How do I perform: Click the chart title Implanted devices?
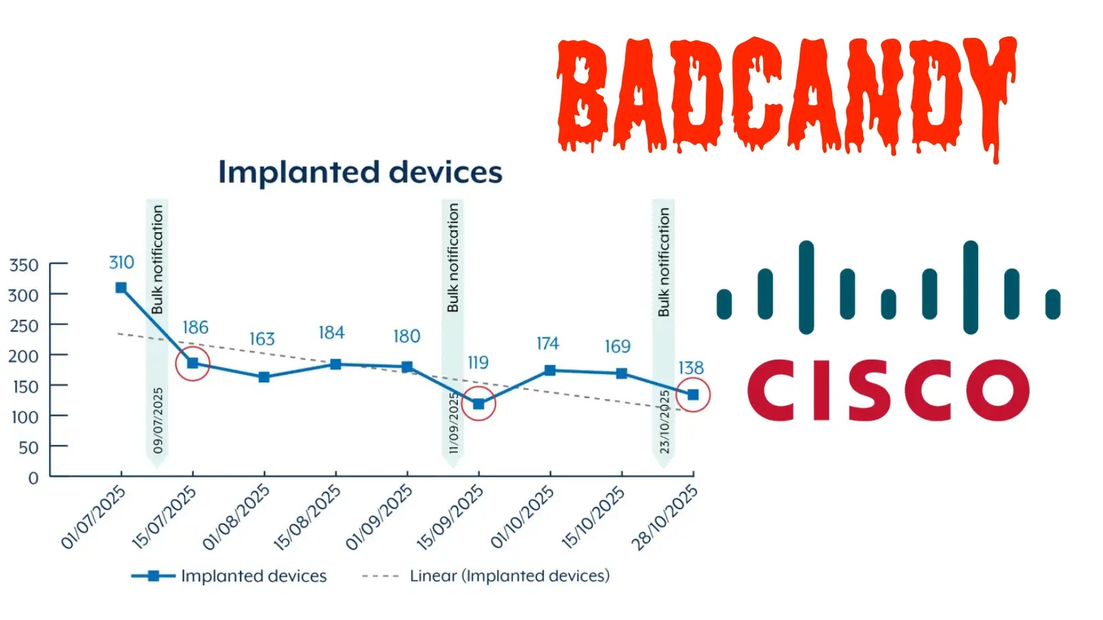(360, 172)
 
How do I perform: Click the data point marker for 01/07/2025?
(121, 288)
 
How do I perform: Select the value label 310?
(121, 262)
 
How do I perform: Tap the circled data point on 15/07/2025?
(193, 363)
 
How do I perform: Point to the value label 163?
(262, 339)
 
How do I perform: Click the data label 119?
(478, 362)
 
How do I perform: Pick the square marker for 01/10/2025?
(550, 371)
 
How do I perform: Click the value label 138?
(691, 368)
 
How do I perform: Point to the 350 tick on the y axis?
(23, 265)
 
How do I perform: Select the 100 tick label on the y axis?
(25, 417)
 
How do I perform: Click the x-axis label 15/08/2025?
(307, 517)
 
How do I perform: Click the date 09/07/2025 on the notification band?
(158, 420)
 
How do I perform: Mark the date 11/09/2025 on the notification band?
(453, 423)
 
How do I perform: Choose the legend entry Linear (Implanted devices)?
(509, 576)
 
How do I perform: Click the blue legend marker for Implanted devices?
(153, 576)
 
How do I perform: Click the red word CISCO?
(887, 391)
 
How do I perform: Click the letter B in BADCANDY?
(583, 93)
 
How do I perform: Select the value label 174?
(547, 343)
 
